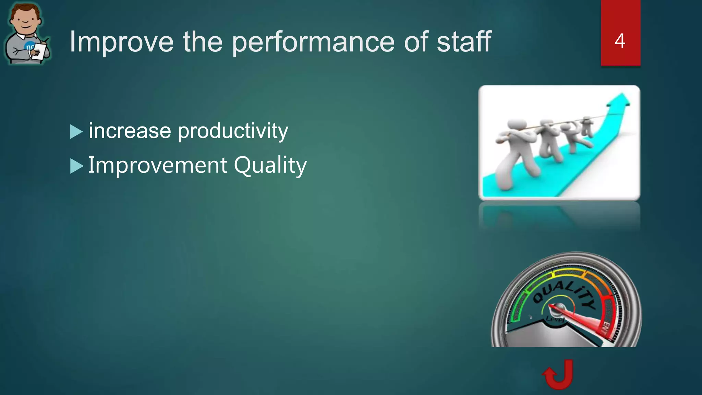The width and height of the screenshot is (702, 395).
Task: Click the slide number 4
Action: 620,41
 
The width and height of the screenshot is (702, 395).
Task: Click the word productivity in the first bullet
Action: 233,131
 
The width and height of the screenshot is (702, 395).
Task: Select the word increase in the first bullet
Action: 130,131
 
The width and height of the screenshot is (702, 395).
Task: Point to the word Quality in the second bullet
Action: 270,166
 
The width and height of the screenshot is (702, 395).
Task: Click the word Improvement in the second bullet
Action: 157,165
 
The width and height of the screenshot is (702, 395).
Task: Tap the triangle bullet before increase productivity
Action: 76,132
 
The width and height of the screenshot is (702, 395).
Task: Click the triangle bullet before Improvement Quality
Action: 76,166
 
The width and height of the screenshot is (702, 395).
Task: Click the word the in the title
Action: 203,42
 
